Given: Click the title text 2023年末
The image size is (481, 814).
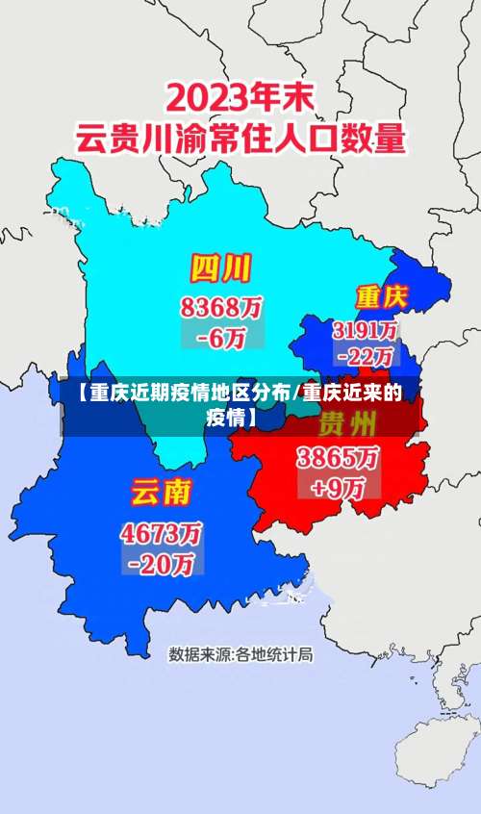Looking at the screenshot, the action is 240,97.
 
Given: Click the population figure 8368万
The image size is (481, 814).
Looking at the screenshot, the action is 220,309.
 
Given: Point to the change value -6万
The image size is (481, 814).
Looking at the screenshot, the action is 220,338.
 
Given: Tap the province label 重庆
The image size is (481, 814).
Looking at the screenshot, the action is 382,294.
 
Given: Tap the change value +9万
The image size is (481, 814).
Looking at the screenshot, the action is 337,486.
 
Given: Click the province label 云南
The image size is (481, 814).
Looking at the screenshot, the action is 161,493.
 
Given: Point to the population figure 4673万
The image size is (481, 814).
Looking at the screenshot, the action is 161,532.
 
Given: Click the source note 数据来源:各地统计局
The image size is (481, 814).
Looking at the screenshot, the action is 240,655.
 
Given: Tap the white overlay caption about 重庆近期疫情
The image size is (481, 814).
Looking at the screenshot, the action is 240,404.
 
